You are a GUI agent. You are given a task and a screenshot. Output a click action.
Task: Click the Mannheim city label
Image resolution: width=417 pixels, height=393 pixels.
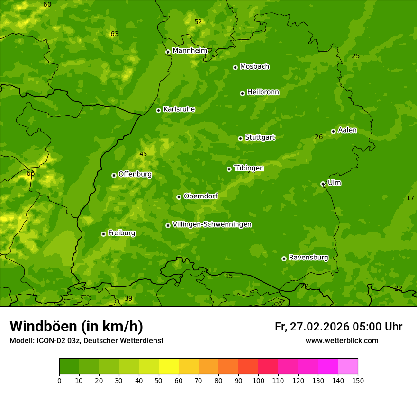(x=190, y=51)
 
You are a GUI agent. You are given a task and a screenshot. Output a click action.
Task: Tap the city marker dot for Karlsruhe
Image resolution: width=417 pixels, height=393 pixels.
(x=158, y=110)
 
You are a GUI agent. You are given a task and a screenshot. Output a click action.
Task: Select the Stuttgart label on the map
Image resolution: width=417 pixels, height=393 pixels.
(x=260, y=138)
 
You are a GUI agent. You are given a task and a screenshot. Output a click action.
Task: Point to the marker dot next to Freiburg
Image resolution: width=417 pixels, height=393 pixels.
(x=103, y=234)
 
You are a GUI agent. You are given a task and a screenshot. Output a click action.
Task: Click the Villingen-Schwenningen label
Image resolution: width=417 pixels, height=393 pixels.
(x=212, y=224)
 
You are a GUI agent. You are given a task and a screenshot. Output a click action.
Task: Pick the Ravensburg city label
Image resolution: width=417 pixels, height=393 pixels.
(x=308, y=258)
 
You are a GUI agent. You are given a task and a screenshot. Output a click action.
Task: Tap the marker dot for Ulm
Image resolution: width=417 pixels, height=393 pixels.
(x=323, y=184)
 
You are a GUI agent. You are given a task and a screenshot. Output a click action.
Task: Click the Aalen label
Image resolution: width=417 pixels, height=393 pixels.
(x=347, y=130)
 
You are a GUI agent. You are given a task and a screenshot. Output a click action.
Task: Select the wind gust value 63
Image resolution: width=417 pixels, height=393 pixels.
(x=114, y=34)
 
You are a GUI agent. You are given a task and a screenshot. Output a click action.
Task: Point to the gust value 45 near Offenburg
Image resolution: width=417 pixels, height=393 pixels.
(x=143, y=154)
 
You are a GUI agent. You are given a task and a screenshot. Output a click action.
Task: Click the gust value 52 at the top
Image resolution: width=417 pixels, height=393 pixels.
(x=198, y=22)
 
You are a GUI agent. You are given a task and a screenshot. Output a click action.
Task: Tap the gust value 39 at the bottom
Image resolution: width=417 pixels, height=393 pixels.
(x=128, y=298)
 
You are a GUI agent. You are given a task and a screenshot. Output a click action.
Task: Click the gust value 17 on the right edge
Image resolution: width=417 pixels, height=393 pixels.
(x=410, y=198)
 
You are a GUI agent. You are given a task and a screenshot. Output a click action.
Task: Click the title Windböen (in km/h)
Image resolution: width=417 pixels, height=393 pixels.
(x=76, y=326)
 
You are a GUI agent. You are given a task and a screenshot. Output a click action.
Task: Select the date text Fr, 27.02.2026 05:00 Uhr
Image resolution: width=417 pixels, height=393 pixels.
(x=338, y=327)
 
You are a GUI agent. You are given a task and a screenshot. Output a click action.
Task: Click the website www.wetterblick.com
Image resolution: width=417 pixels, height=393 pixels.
(x=342, y=340)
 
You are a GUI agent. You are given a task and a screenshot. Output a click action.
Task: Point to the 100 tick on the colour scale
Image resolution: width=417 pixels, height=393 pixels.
(x=258, y=380)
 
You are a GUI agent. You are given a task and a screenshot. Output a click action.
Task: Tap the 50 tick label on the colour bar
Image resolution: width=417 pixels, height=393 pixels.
(x=159, y=380)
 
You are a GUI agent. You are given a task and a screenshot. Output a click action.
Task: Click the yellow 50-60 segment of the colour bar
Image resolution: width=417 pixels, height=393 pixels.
(x=169, y=366)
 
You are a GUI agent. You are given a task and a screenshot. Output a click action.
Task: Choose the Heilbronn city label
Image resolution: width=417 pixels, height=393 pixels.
(x=263, y=92)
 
